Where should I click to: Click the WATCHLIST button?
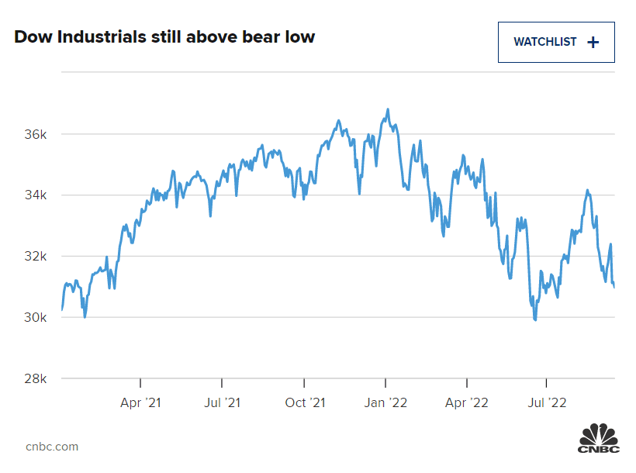[x=555, y=42]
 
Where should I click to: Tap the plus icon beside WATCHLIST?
[x=593, y=42]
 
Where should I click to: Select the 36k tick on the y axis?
[x=36, y=134]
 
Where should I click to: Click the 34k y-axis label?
[x=36, y=195]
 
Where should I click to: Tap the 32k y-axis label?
[x=36, y=257]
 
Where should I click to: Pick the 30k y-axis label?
[x=36, y=318]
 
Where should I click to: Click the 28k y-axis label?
[x=36, y=379]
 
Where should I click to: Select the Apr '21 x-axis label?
[x=140, y=402]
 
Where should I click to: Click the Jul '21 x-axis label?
[x=222, y=402]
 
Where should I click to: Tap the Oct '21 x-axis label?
[x=304, y=402]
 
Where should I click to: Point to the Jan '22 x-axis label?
[x=385, y=402]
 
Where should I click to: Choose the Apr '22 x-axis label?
[x=467, y=402]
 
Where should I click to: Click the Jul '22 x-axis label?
[x=547, y=402]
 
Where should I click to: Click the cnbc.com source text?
[x=52, y=447]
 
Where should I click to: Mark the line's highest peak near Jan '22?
[x=388, y=109]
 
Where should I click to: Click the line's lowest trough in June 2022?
[x=535, y=319]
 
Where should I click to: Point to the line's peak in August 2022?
[x=588, y=190]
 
